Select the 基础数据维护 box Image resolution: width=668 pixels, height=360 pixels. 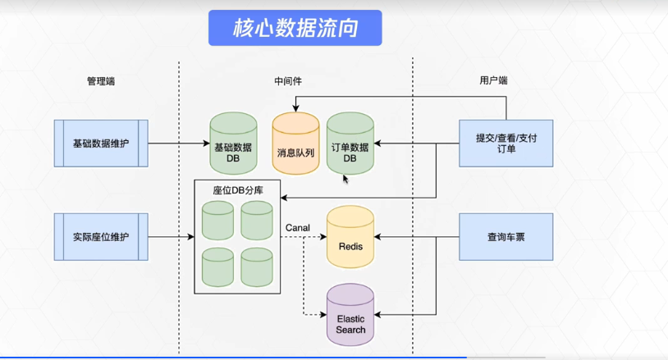101,144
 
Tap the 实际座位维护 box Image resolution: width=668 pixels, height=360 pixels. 101,237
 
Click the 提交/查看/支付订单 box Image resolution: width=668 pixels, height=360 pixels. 506,144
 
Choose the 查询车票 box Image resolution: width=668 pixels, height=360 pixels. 506,237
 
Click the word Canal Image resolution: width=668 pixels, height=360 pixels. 297,226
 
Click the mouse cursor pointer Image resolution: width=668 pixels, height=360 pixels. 345,178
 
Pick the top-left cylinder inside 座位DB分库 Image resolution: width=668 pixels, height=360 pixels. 217,219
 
